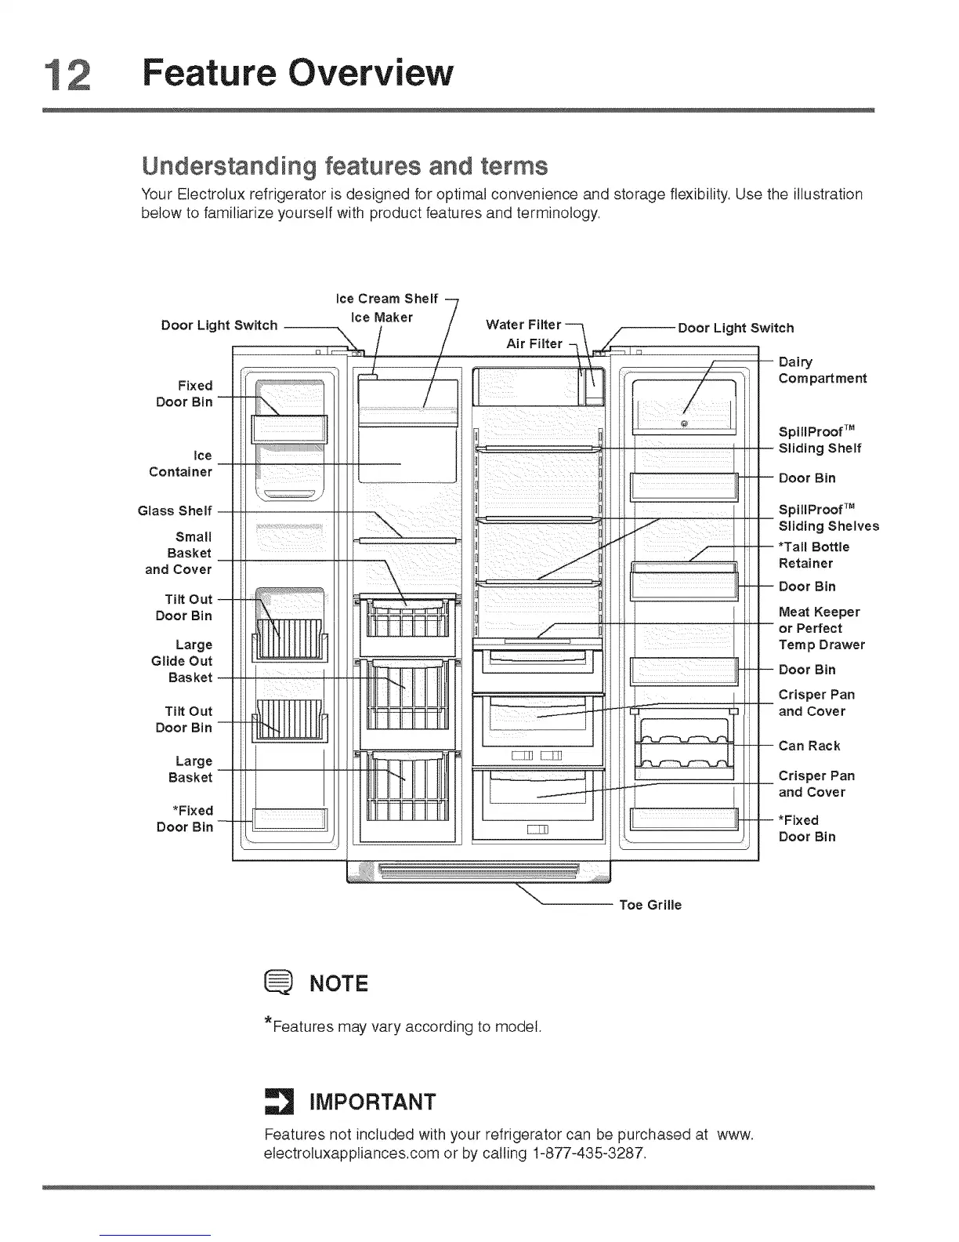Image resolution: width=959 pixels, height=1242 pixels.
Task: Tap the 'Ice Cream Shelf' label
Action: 386,299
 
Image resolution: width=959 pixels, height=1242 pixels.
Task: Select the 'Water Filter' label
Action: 523,325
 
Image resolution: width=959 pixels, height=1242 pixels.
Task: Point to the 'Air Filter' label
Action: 534,343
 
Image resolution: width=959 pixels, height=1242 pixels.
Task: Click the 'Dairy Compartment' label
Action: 822,370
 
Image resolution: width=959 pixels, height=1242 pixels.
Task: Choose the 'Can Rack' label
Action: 809,746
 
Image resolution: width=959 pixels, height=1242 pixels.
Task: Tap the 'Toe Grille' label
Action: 650,905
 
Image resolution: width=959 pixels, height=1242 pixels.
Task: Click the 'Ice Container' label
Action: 181,463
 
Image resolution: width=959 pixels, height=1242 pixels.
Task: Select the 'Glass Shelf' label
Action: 175,510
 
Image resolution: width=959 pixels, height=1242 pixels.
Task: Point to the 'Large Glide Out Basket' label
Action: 183,661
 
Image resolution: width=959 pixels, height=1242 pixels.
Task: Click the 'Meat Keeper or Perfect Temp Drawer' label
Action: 821,628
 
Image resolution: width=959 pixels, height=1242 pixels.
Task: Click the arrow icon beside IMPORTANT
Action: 277,1102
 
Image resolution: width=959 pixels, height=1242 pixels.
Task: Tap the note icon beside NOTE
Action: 280,982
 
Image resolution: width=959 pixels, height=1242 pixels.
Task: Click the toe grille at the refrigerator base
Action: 478,870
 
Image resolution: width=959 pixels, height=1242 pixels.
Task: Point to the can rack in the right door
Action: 686,751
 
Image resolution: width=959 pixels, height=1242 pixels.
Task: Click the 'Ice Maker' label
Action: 382,318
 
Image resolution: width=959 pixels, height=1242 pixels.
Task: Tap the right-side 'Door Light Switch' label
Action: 736,328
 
